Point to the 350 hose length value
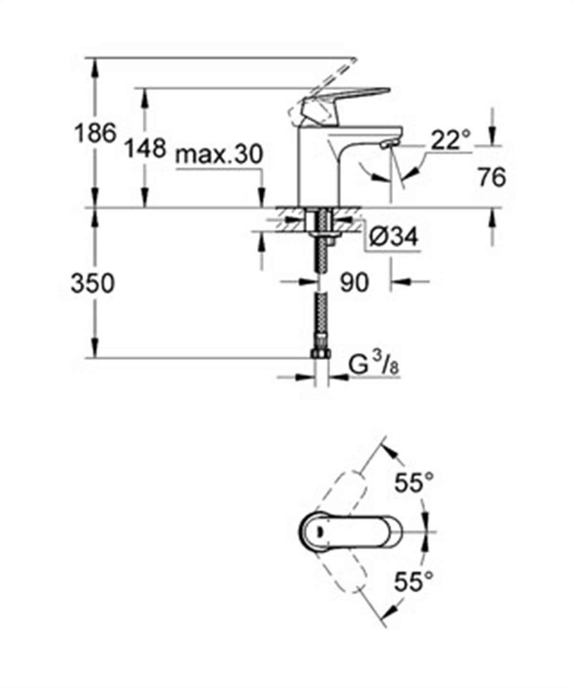[x=93, y=283]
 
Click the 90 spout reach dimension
[x=354, y=283]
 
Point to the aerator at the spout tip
[x=390, y=143]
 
